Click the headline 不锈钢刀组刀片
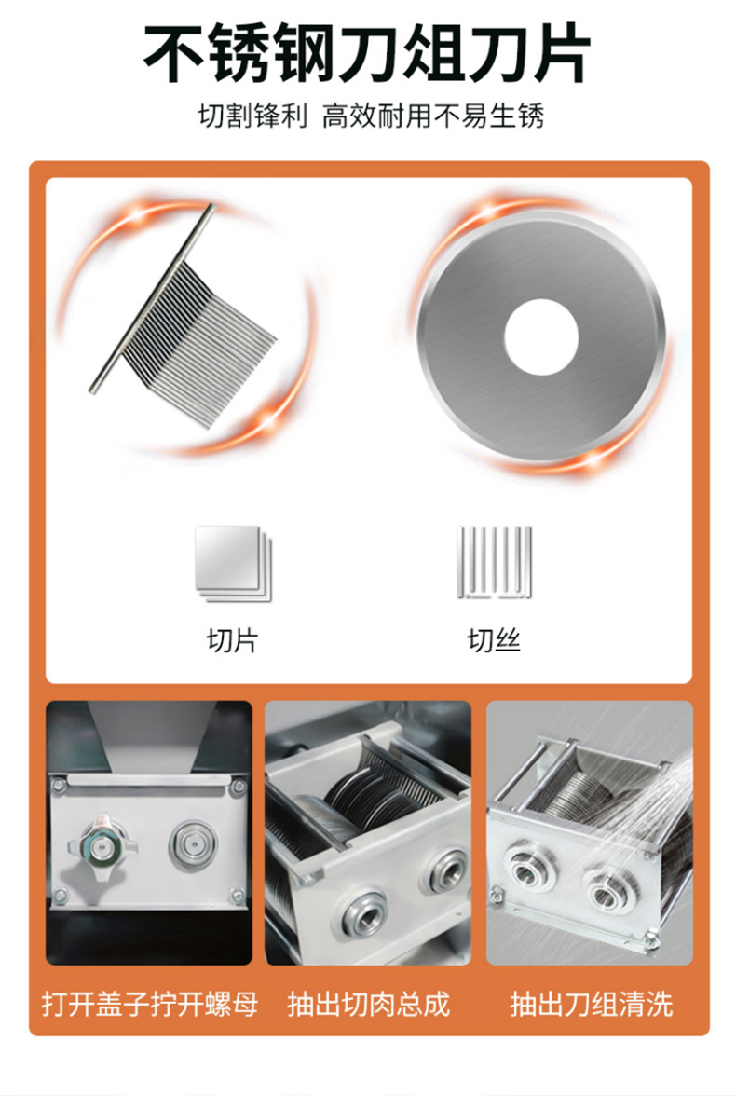(367, 54)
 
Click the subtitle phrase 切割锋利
(252, 116)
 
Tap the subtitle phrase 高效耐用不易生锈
(433, 116)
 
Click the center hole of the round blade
(541, 335)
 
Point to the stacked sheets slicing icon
(234, 563)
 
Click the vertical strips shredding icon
(494, 562)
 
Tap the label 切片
(233, 640)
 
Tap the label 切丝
(494, 640)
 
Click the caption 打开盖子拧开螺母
(150, 1004)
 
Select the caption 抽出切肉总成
(368, 1004)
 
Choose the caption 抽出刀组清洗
(592, 1004)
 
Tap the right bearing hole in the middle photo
(446, 870)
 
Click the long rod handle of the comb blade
(152, 298)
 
